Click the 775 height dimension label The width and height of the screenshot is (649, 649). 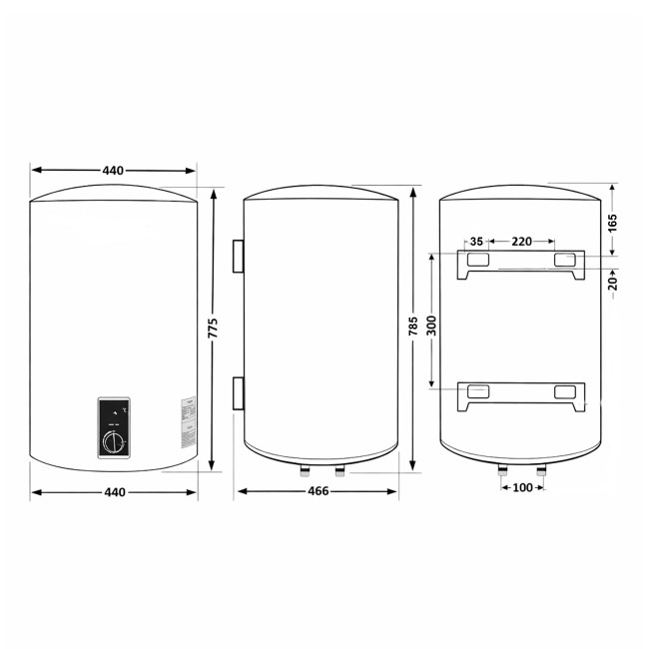click(x=213, y=328)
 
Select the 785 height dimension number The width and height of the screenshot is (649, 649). click(x=413, y=328)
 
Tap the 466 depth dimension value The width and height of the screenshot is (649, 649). click(x=318, y=491)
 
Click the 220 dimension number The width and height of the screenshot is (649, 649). click(x=521, y=242)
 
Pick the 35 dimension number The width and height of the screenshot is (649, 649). click(x=476, y=242)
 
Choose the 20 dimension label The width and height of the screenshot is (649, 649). click(x=613, y=283)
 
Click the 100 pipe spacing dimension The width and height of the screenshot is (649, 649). click(x=522, y=487)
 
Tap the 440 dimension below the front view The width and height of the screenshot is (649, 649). click(x=112, y=491)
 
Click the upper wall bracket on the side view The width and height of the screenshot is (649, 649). click(x=238, y=256)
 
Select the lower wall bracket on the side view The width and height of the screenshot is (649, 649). click(x=238, y=392)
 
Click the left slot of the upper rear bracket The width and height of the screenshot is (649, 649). click(x=477, y=260)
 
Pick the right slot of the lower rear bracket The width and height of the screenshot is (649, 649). click(x=565, y=391)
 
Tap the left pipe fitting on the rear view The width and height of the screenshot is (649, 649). click(x=500, y=470)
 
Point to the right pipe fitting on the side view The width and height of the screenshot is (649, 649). click(x=339, y=470)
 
